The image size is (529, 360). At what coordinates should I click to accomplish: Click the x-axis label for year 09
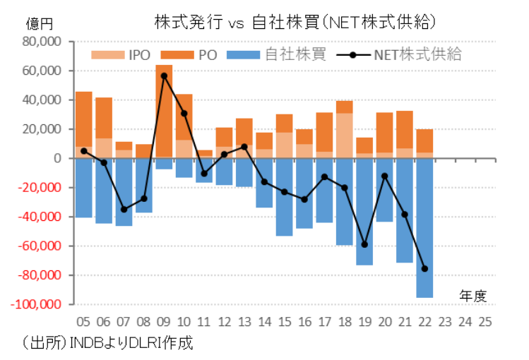[x=164, y=321]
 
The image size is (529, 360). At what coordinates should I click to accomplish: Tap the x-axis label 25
[x=485, y=321]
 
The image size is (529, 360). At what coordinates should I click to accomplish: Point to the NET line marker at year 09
[x=164, y=76]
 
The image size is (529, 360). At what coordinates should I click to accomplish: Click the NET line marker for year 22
[x=424, y=268]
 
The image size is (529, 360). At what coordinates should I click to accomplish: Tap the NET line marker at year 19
[x=364, y=244]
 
